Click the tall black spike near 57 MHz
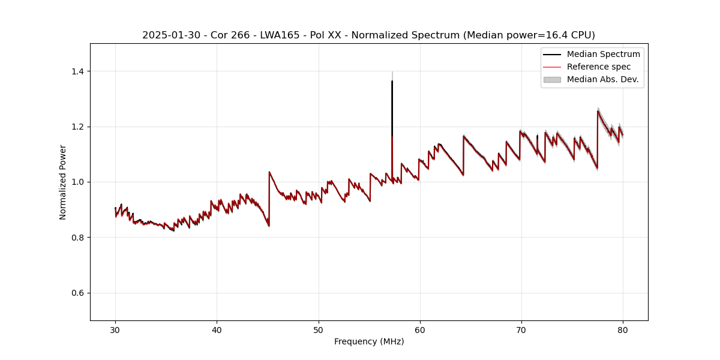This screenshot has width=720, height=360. (x=392, y=102)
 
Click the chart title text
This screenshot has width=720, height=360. (x=368, y=35)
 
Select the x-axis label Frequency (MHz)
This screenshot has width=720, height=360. (x=369, y=341)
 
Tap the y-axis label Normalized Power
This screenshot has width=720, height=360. (x=63, y=182)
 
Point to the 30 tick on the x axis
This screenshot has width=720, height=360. (x=116, y=329)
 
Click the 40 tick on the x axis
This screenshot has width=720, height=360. (x=217, y=329)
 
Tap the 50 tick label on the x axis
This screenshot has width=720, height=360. (x=319, y=329)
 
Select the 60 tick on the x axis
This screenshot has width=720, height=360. (x=420, y=329)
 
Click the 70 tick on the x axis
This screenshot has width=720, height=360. (x=521, y=329)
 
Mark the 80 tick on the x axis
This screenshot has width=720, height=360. (x=623, y=329)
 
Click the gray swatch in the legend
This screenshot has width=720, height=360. (x=552, y=79)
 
